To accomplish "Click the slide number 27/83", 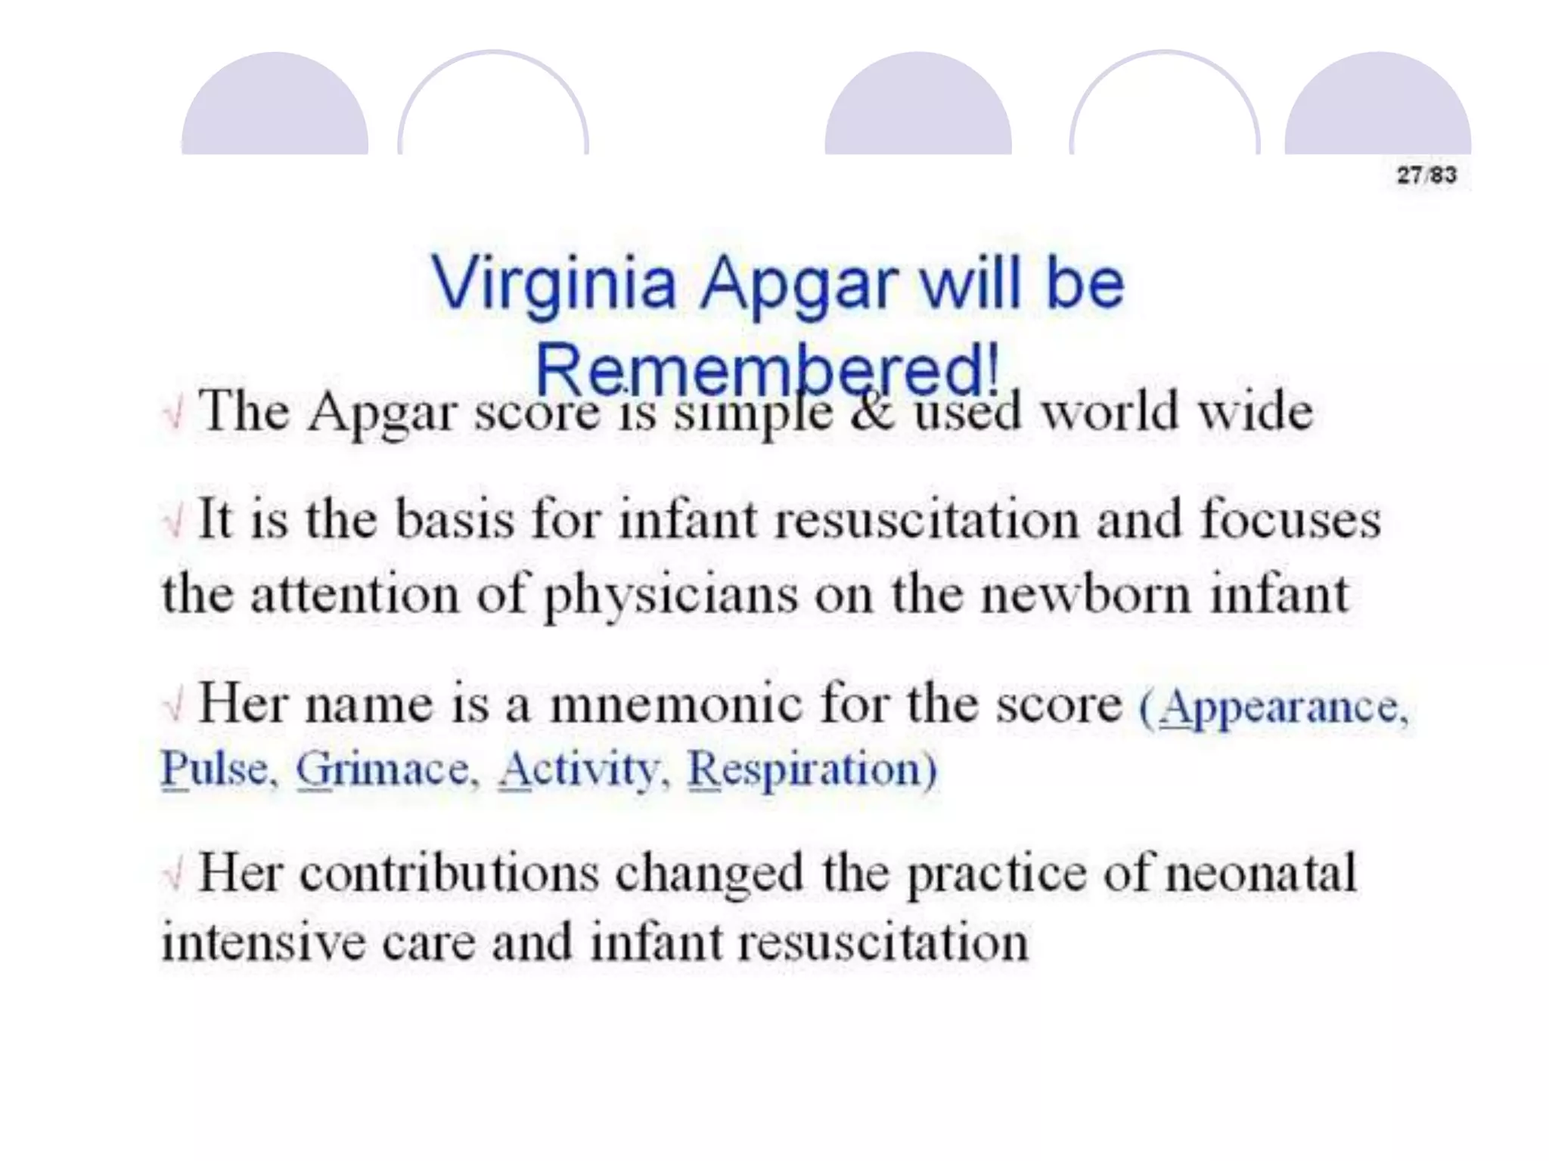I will click(x=1426, y=175).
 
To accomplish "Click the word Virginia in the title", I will click(x=553, y=283).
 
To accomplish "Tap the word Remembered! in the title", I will click(x=767, y=370).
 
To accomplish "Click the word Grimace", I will click(x=383, y=769).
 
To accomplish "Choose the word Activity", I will click(x=579, y=769).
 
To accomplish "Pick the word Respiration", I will click(x=806, y=769).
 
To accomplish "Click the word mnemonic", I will click(x=675, y=704).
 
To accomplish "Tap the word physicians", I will click(x=670, y=595).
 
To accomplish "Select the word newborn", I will click(x=1086, y=595).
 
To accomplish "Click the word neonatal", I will click(x=1260, y=874).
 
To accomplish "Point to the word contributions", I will click(x=449, y=874).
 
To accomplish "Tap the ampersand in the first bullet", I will click(x=872, y=413).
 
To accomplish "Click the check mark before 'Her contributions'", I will click(x=174, y=875).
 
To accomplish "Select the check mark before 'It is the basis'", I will click(x=174, y=522).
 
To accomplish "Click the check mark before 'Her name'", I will click(x=174, y=706).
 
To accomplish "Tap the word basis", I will click(x=454, y=520).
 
